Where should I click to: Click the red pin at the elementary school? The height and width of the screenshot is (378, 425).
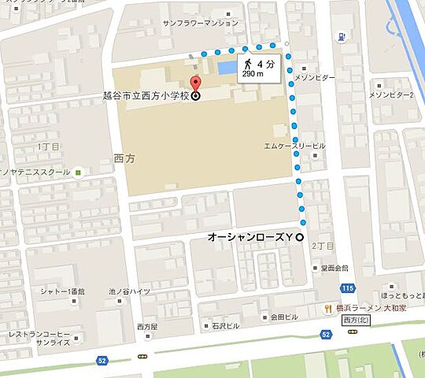pos(196,83)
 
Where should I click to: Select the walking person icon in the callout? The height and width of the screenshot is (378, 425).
pos(247,63)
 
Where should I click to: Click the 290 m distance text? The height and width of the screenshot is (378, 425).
pos(253,74)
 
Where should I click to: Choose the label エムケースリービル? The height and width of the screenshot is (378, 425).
pos(294,146)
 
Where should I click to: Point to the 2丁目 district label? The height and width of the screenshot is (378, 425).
pos(323,246)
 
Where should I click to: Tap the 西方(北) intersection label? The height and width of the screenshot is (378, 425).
pos(360,321)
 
